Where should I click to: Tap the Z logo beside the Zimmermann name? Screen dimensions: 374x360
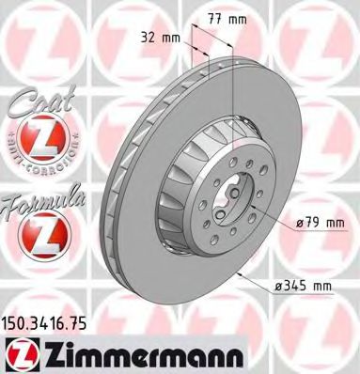[21, 353]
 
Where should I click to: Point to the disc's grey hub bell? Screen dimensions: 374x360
[202, 197]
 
